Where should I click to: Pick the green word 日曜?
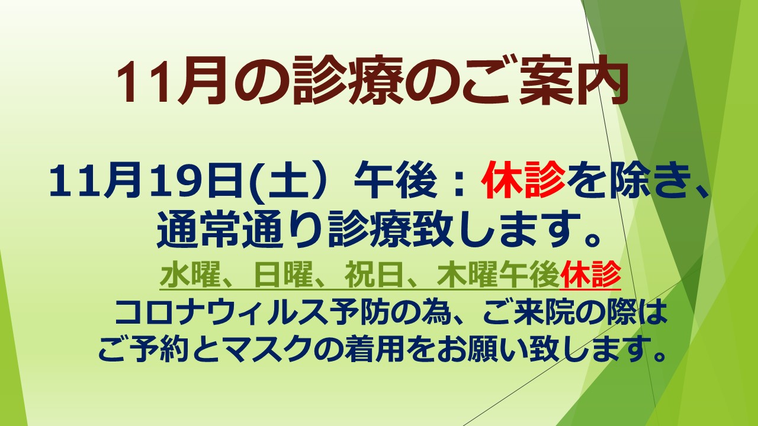pyautogui.click(x=284, y=275)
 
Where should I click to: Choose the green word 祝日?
pyautogui.click(x=375, y=275)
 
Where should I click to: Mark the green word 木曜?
pyautogui.click(x=468, y=275)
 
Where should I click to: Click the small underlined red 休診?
pyautogui.click(x=590, y=275)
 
